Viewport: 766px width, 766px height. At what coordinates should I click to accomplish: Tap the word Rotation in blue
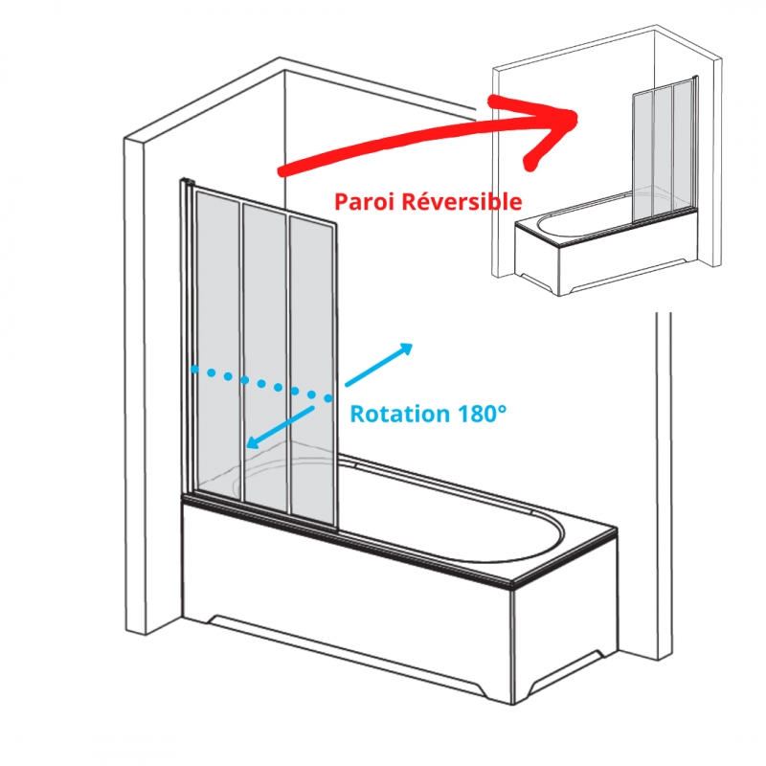coord(399,414)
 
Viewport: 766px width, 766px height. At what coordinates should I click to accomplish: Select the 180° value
coord(482,414)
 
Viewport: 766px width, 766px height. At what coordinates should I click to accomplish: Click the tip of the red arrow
coord(577,117)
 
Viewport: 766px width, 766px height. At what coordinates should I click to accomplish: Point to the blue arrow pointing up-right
coord(379,365)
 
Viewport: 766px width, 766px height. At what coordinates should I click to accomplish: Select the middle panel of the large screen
coord(264,356)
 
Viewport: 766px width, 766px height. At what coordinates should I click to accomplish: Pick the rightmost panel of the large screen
coord(312,372)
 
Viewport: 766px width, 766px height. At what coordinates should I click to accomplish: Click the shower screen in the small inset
coord(665,151)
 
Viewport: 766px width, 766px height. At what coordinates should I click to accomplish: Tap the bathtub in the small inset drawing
coord(606,244)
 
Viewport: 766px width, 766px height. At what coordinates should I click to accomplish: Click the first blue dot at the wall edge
coord(194,370)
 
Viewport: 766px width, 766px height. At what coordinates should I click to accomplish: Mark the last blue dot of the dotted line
coord(328,398)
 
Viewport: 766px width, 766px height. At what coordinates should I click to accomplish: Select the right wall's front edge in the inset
coord(716,161)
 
